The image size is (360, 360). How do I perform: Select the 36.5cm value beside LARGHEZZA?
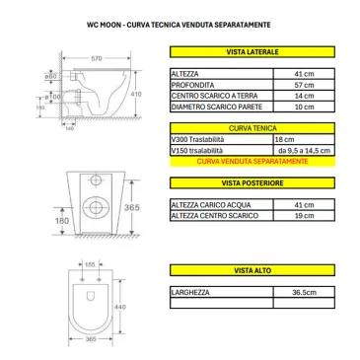point(301,292)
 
